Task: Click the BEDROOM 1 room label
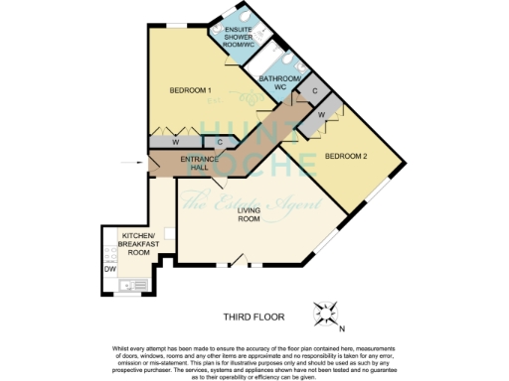[x=191, y=90]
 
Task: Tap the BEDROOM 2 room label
[x=347, y=156]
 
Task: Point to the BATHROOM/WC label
[x=274, y=82]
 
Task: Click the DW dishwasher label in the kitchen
[x=109, y=267]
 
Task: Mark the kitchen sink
[x=125, y=288]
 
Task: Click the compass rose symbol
[x=325, y=315]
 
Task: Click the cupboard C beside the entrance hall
[x=220, y=142]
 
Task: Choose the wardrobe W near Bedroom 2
[x=322, y=115]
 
